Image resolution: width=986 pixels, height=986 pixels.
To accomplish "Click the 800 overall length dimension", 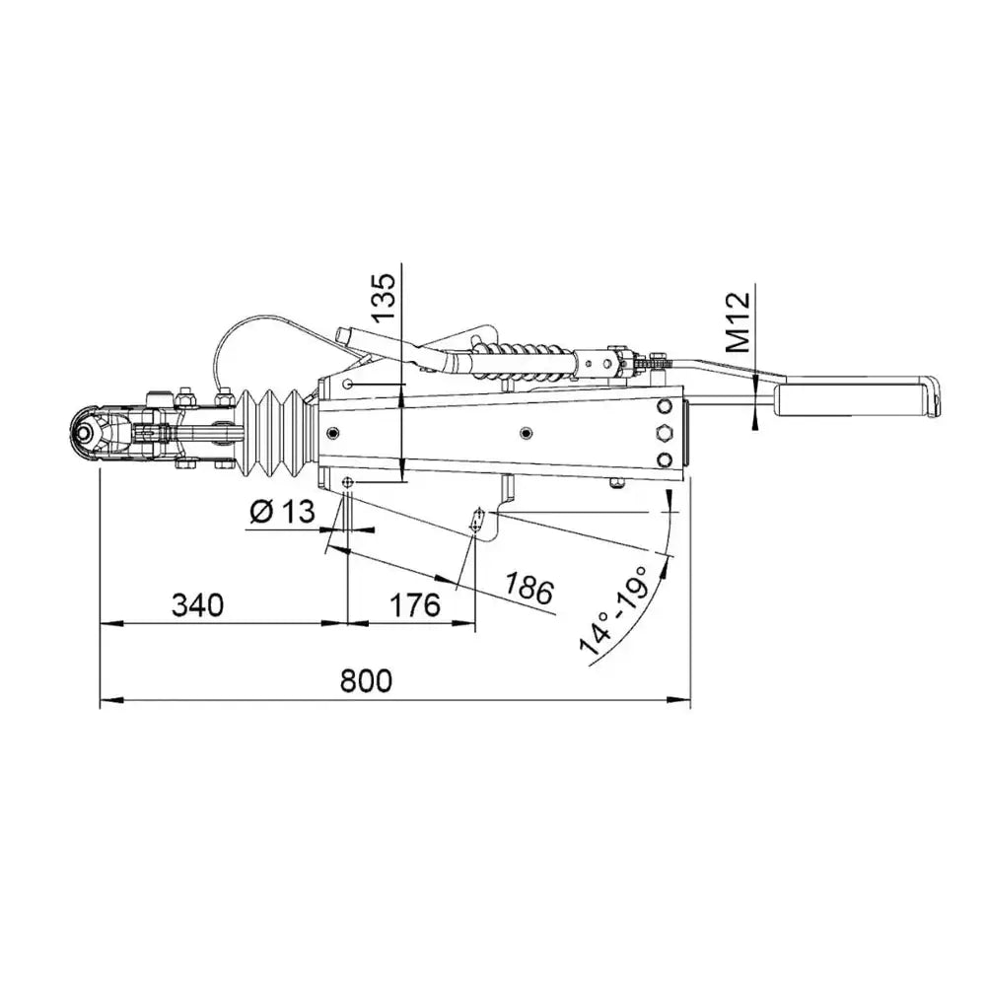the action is click(366, 680).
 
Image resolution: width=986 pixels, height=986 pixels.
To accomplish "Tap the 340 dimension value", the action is click(197, 605).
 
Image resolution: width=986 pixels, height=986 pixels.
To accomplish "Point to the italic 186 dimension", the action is click(529, 588).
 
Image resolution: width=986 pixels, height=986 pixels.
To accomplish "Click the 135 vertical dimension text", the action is click(385, 297).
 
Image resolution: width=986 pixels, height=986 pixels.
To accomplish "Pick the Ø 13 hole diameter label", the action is click(282, 512).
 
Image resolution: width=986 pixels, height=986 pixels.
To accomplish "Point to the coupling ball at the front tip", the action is click(84, 434).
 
